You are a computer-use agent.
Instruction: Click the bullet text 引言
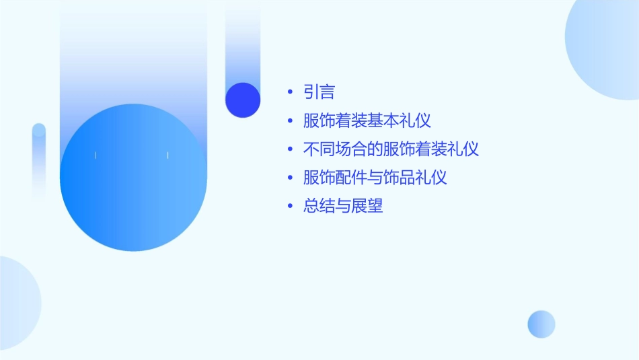319,92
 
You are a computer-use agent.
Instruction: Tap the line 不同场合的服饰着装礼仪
391,149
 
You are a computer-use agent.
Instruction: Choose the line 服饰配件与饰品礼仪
375,178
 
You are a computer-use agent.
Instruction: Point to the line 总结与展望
343,206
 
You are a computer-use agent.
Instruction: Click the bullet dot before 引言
290,93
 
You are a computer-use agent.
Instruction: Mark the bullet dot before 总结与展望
290,207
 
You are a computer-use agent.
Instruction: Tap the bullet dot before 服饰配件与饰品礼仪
290,178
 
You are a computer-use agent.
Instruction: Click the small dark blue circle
243,100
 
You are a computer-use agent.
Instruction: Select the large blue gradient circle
133,178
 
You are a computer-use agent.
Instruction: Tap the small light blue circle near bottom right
541,324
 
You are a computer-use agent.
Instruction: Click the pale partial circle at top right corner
605,47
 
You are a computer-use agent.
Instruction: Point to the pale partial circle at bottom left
17,303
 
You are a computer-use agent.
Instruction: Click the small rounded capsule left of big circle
39,161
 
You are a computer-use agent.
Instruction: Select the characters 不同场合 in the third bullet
335,149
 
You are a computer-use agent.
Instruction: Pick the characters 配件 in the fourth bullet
351,178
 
